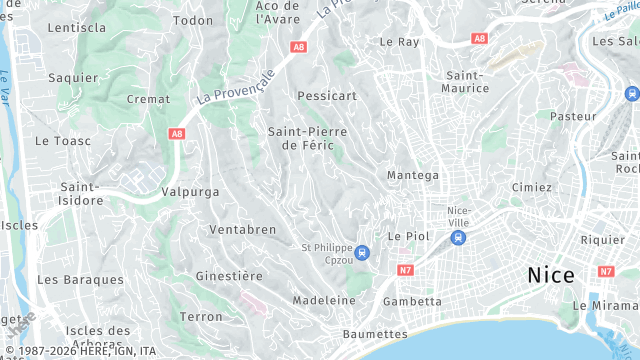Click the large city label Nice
[550, 275]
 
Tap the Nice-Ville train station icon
[458, 237]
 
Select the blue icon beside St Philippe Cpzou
[362, 252]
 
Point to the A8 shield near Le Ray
[480, 39]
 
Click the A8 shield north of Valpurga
[177, 133]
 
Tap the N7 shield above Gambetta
[405, 270]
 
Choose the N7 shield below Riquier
[606, 271]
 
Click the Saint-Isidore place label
[81, 193]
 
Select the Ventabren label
[242, 230]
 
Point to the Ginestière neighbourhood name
[229, 275]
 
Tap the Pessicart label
[327, 96]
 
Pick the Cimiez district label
[531, 187]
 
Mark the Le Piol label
[407, 236]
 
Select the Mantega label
[413, 175]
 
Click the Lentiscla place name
[76, 27]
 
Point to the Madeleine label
[324, 300]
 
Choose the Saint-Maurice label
[467, 81]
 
